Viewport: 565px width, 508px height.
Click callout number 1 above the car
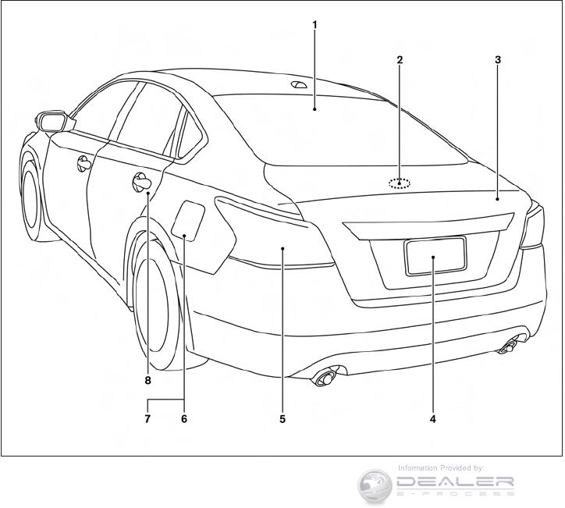[315, 24]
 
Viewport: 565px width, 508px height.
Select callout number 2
[400, 59]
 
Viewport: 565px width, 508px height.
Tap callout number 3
[498, 59]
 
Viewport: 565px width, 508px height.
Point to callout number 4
[432, 419]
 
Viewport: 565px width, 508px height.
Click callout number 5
[282, 419]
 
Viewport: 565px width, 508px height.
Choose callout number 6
[184, 419]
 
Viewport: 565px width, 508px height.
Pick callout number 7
[147, 419]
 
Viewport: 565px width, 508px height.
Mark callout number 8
[147, 381]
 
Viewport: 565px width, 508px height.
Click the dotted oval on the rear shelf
[400, 184]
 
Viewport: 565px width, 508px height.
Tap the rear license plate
[435, 256]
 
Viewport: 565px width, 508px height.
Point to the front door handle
[83, 163]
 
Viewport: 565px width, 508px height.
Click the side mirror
[54, 121]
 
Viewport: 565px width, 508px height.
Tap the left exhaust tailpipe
[322, 379]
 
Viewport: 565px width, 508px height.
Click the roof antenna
[299, 84]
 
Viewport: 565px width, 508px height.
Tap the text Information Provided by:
[440, 467]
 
